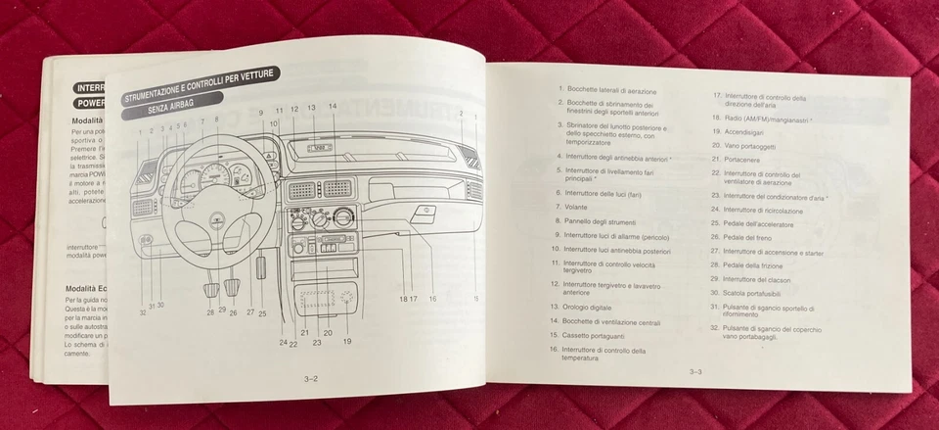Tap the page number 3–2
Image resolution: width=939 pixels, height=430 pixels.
pyautogui.click(x=311, y=376)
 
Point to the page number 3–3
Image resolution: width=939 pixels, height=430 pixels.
pyautogui.click(x=695, y=371)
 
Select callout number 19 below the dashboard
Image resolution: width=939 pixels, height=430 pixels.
pyautogui.click(x=347, y=341)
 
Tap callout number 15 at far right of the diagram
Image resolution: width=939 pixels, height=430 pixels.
pyautogui.click(x=476, y=298)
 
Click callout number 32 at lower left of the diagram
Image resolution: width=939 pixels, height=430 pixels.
pyautogui.click(x=143, y=312)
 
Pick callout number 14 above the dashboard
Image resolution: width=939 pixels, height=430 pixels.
pyautogui.click(x=333, y=106)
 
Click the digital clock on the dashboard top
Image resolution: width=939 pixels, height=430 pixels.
pyautogui.click(x=319, y=148)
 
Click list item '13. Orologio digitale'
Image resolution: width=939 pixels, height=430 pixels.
pyautogui.click(x=599, y=306)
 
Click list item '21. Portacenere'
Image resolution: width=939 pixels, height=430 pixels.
pyautogui.click(x=743, y=159)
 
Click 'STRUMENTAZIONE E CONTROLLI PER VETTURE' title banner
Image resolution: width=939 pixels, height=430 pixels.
pyautogui.click(x=201, y=86)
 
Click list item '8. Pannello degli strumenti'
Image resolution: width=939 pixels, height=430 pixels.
pyautogui.click(x=600, y=221)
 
